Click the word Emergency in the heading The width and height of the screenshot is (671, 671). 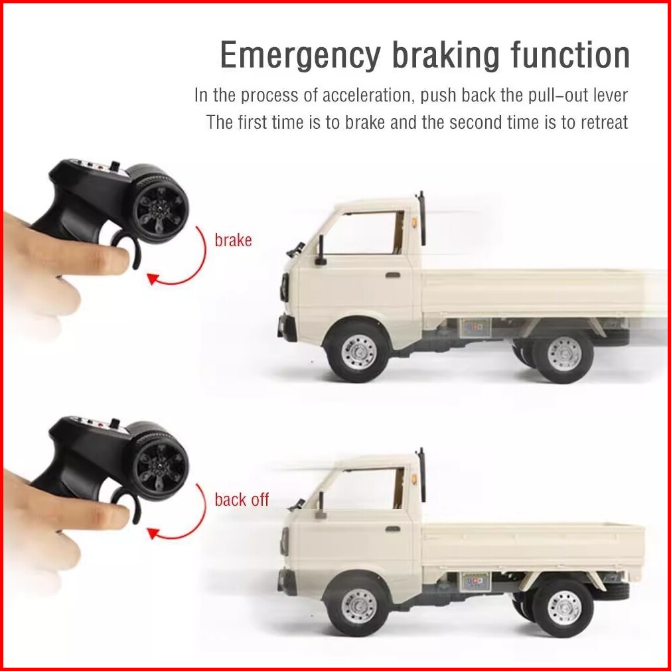(x=300, y=56)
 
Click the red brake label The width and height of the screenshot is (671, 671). (x=233, y=240)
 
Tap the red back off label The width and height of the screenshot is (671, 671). (x=242, y=499)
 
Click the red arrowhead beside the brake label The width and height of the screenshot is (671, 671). (x=153, y=278)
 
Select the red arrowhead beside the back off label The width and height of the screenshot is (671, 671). (x=153, y=533)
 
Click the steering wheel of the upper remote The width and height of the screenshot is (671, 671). (x=159, y=207)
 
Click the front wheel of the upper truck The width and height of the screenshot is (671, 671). (x=358, y=352)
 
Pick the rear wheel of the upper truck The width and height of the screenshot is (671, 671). (x=564, y=354)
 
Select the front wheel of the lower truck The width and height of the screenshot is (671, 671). (x=358, y=606)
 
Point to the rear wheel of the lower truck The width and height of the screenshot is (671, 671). (x=564, y=608)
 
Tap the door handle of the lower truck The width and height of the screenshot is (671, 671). (x=393, y=529)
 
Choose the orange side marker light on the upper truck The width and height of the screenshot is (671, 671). (x=415, y=223)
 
